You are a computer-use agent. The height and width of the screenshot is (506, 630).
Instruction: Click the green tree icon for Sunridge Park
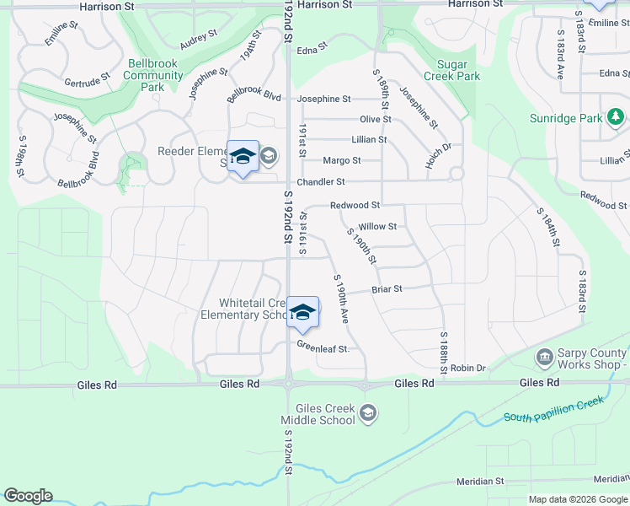[617, 116]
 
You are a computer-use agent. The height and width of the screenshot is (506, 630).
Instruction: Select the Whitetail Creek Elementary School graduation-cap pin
[302, 314]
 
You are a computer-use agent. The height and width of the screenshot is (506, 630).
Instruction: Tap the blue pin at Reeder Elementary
[243, 157]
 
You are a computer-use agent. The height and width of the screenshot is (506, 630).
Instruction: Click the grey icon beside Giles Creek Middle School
[367, 412]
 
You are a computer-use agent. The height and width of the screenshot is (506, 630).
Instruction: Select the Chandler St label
[321, 181]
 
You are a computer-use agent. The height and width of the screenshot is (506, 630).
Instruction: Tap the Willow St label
[377, 226]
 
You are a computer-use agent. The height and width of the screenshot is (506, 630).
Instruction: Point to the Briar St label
[387, 288]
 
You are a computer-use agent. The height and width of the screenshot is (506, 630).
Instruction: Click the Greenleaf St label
[323, 346]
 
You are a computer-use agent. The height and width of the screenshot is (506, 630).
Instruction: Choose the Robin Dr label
[468, 369]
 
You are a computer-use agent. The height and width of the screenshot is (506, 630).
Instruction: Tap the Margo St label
[342, 160]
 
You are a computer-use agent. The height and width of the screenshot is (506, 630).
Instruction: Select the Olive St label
[376, 120]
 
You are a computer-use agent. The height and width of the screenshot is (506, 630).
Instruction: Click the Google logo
[28, 496]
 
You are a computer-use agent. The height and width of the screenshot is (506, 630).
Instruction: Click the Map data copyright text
[577, 499]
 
